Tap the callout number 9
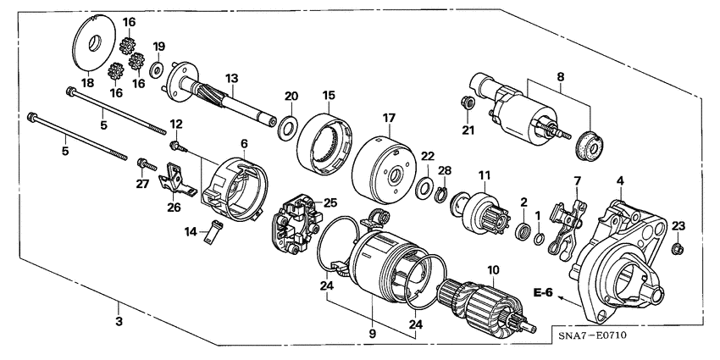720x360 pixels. pos(370,334)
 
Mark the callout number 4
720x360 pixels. pos(620,180)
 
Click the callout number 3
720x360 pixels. pos(119,322)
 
